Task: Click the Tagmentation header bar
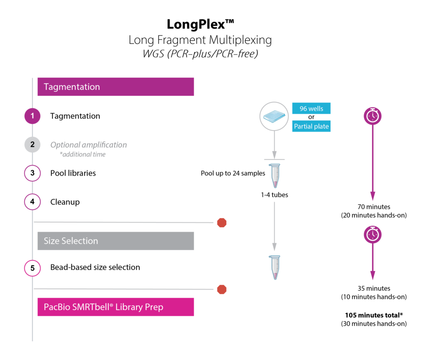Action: click(x=115, y=87)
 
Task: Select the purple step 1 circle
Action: click(x=32, y=116)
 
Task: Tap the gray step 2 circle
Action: click(x=32, y=145)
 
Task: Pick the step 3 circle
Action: click(x=32, y=173)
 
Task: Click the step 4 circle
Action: click(x=32, y=202)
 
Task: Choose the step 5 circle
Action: click(x=32, y=268)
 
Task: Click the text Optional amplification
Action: click(x=89, y=145)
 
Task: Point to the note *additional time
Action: click(x=83, y=155)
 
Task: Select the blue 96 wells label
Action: click(x=311, y=108)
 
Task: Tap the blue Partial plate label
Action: click(x=311, y=126)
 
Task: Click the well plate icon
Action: click(x=274, y=116)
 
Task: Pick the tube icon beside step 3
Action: click(x=274, y=176)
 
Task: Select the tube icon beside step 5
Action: click(x=274, y=267)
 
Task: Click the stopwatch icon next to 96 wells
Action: click(x=372, y=116)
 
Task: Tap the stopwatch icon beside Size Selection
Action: click(x=372, y=234)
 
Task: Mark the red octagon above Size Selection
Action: click(x=222, y=223)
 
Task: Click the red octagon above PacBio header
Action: click(x=222, y=289)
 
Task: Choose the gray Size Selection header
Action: click(x=115, y=241)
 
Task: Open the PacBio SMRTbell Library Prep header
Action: click(x=115, y=307)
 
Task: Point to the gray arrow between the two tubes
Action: click(x=274, y=227)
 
